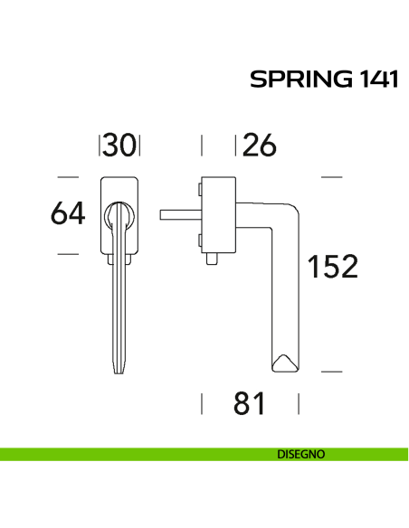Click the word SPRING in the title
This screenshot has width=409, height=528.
point(294,80)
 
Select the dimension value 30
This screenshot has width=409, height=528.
point(119,145)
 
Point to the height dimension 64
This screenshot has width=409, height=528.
point(68,214)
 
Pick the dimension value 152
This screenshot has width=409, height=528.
point(332,267)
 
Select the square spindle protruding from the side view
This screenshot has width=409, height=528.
point(177,214)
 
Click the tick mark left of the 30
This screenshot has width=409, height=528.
point(100,145)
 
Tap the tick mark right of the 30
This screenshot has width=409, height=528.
point(140,145)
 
